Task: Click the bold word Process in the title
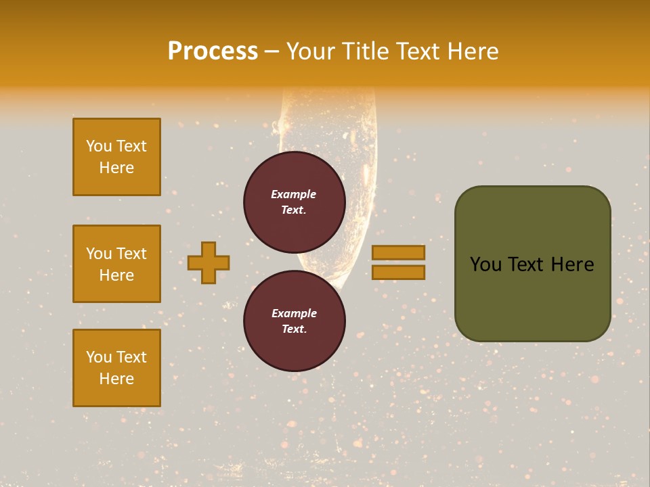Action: click(213, 51)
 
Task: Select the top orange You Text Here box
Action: click(116, 157)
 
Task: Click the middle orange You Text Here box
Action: click(116, 264)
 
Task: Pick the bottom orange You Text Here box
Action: click(116, 368)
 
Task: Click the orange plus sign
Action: click(209, 262)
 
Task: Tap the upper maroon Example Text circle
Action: click(294, 202)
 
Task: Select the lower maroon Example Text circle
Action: click(294, 321)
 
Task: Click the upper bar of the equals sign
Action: click(398, 252)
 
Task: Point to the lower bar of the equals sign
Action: click(398, 272)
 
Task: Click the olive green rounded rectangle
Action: click(532, 298)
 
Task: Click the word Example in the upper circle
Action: click(294, 194)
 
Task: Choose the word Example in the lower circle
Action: click(294, 313)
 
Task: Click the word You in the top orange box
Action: click(99, 146)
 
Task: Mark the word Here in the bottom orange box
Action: click(116, 379)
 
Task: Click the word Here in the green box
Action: click(572, 264)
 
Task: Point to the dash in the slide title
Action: click(272, 51)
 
